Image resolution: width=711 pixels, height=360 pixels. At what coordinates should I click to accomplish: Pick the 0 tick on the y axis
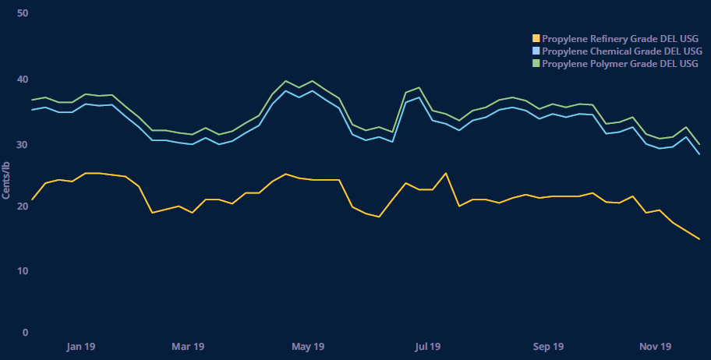pyautogui.click(x=25, y=333)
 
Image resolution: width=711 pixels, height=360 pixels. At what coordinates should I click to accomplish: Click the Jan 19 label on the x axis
pyautogui.click(x=81, y=347)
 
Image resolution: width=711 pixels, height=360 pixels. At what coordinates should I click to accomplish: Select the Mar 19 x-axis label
pyautogui.click(x=187, y=347)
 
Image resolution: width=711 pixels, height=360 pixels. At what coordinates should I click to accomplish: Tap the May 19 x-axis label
pyautogui.click(x=307, y=347)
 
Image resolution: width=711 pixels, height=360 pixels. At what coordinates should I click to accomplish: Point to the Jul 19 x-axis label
pyautogui.click(x=428, y=347)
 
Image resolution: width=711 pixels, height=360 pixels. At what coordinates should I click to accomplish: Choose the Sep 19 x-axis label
pyautogui.click(x=549, y=347)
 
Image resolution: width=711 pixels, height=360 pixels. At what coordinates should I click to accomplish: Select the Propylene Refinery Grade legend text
pyautogui.click(x=620, y=39)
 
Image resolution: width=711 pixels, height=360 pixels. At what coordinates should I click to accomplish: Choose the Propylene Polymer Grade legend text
pyautogui.click(x=620, y=64)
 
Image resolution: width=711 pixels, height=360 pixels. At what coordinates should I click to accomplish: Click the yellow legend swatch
pyautogui.click(x=536, y=39)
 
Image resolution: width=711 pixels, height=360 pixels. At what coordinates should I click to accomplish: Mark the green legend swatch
pyautogui.click(x=536, y=64)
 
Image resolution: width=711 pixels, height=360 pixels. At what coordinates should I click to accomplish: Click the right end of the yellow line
pyautogui.click(x=699, y=239)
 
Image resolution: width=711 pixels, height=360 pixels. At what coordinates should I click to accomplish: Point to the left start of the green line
pyautogui.click(x=32, y=100)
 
